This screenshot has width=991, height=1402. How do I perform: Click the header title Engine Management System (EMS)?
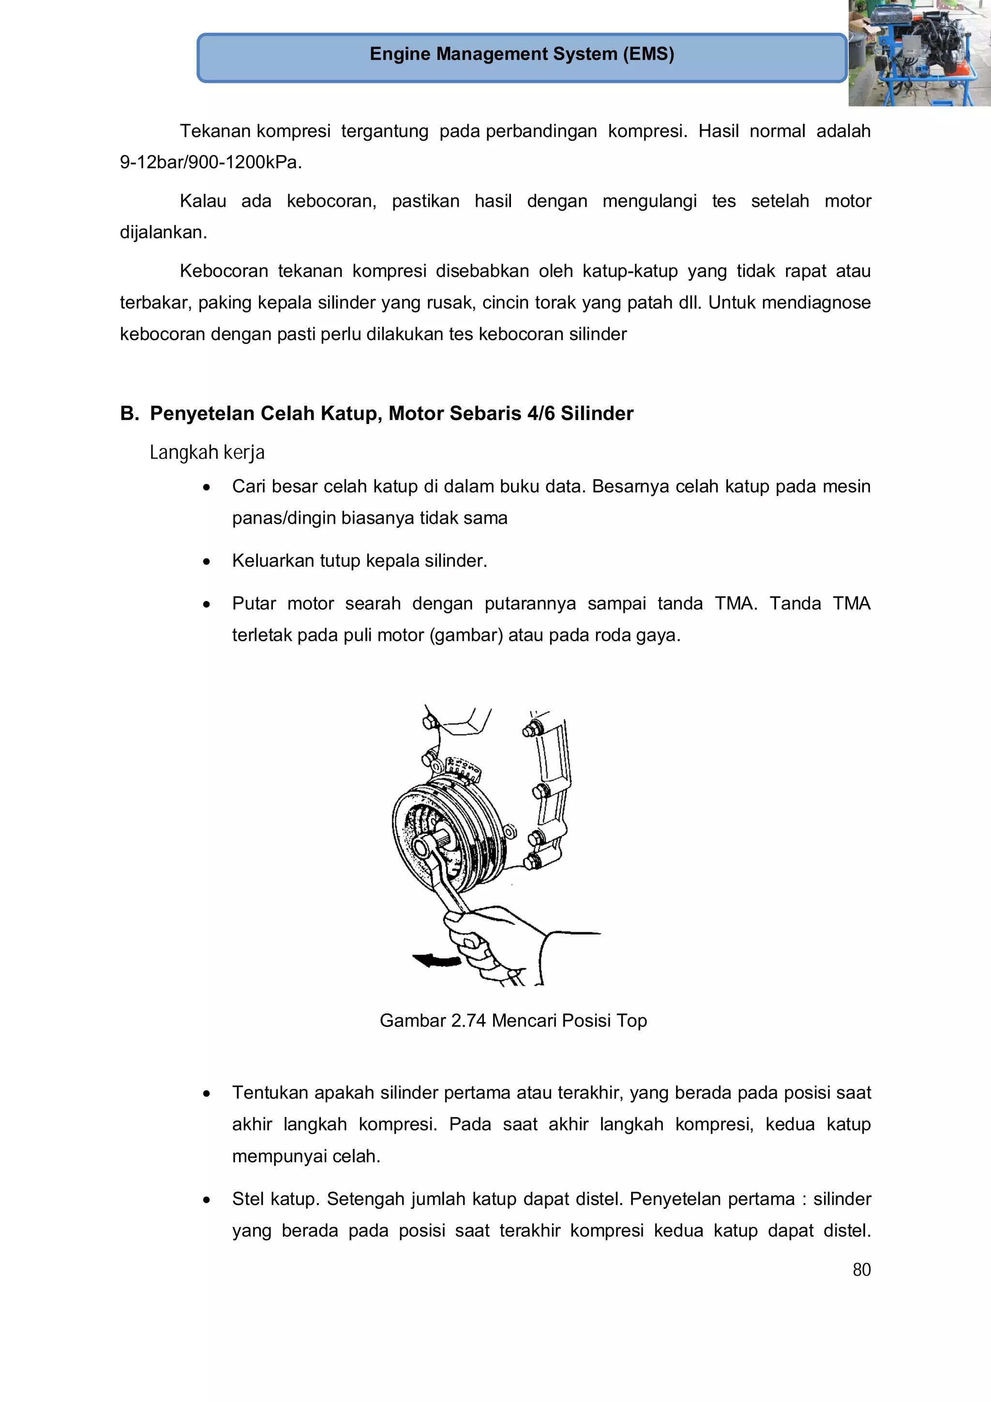[522, 54]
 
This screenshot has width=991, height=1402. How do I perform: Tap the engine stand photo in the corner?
[919, 53]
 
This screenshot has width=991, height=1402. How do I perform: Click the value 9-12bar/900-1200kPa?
[210, 163]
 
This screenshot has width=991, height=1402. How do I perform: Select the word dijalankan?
[163, 233]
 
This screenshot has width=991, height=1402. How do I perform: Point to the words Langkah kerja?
[207, 452]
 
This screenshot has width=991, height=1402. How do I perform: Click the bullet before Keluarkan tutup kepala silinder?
[207, 561]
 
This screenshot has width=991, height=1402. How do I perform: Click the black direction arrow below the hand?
[437, 961]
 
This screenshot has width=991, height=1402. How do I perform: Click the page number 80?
[861, 1269]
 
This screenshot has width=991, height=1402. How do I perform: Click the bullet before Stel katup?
[207, 1199]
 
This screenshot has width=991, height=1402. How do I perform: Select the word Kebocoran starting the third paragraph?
[224, 271]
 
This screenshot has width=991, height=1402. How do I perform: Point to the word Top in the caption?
[631, 1020]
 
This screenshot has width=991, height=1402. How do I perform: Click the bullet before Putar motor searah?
[207, 604]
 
